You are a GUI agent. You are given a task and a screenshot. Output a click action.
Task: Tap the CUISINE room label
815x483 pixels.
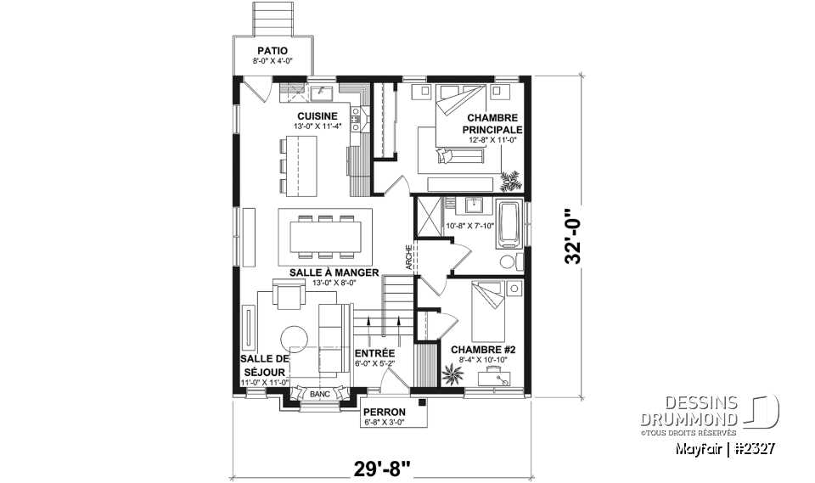(318, 116)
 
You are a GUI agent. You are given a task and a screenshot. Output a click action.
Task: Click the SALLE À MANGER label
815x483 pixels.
(323, 272)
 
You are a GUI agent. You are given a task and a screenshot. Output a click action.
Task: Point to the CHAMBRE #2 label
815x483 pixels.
(477, 349)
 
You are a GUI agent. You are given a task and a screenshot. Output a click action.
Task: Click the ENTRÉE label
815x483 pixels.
(374, 352)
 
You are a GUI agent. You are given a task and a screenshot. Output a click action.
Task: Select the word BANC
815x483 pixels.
(319, 395)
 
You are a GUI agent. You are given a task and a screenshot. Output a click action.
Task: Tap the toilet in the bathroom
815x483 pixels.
(507, 260)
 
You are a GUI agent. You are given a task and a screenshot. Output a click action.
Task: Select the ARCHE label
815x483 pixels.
(408, 257)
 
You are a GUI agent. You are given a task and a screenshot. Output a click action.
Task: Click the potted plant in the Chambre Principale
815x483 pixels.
(511, 180)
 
